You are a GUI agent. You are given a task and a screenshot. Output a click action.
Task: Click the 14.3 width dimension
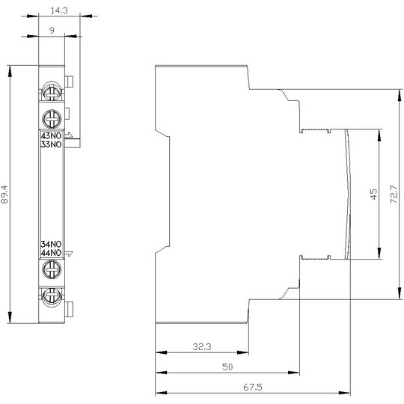[x=59, y=10]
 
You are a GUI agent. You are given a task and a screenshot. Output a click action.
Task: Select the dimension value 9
[x=52, y=31]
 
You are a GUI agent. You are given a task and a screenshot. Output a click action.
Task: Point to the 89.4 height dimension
[x=4, y=195]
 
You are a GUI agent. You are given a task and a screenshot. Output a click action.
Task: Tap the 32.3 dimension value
[x=202, y=347]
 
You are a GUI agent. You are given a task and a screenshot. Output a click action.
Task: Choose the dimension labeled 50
[x=227, y=367]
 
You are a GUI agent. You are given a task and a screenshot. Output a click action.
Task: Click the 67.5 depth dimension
[x=253, y=387]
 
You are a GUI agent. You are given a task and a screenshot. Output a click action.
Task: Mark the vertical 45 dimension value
[x=373, y=194]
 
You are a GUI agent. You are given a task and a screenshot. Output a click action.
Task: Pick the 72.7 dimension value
[x=394, y=194]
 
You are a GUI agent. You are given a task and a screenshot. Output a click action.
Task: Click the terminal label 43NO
[x=52, y=135]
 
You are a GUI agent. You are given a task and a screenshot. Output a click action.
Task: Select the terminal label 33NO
[x=52, y=144]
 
